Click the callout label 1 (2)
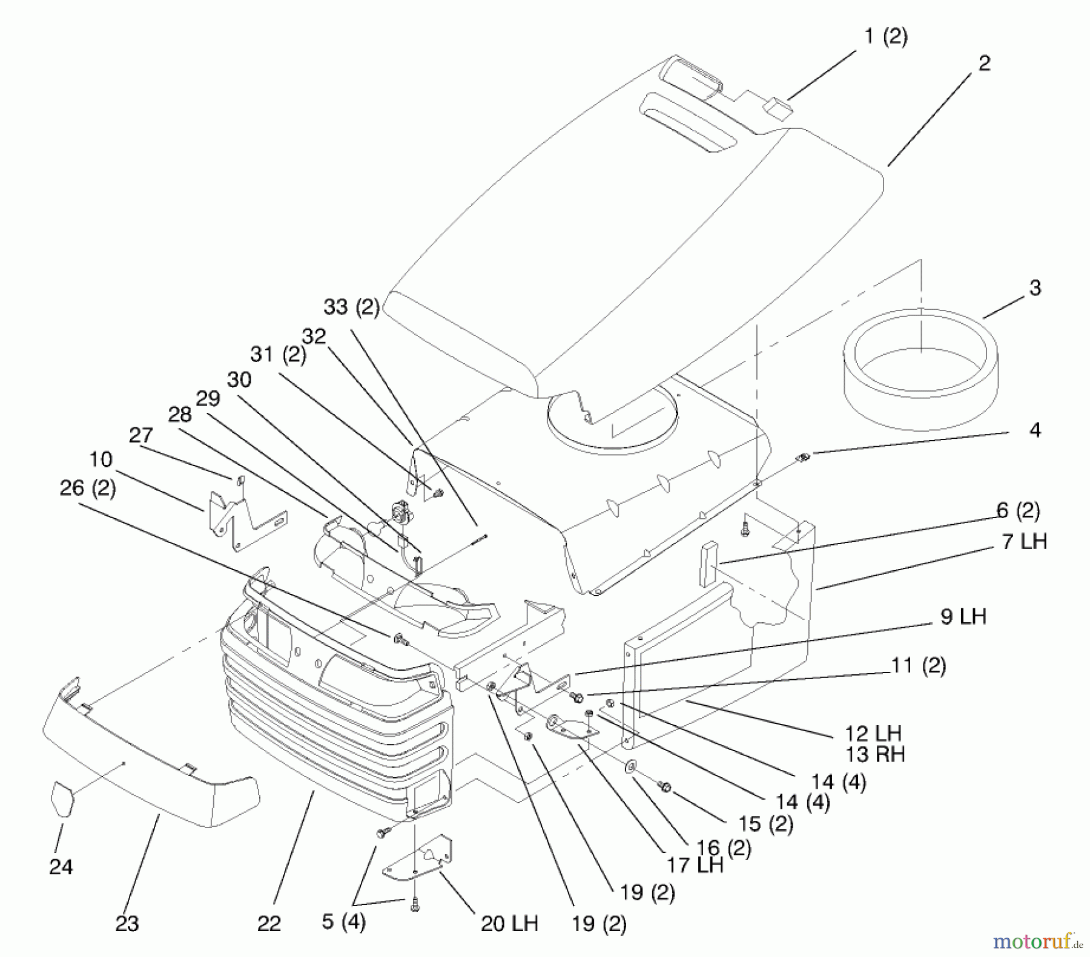[x=885, y=38]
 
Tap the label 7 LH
[x=1024, y=541]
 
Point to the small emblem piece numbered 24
[x=63, y=799]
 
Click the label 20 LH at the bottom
[x=509, y=923]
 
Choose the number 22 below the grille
[x=269, y=923]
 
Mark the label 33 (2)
[x=351, y=307]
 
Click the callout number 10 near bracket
[x=101, y=460]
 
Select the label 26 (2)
[x=88, y=488]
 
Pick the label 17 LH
[x=695, y=865]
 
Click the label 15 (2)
[x=765, y=824]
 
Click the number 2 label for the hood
[x=984, y=63]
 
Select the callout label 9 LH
[x=963, y=617]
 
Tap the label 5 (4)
[x=343, y=922]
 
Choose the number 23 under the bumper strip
[x=127, y=923]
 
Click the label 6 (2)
[x=1018, y=511]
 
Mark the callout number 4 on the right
[x=1035, y=430]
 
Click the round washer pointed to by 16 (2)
[x=630, y=767]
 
